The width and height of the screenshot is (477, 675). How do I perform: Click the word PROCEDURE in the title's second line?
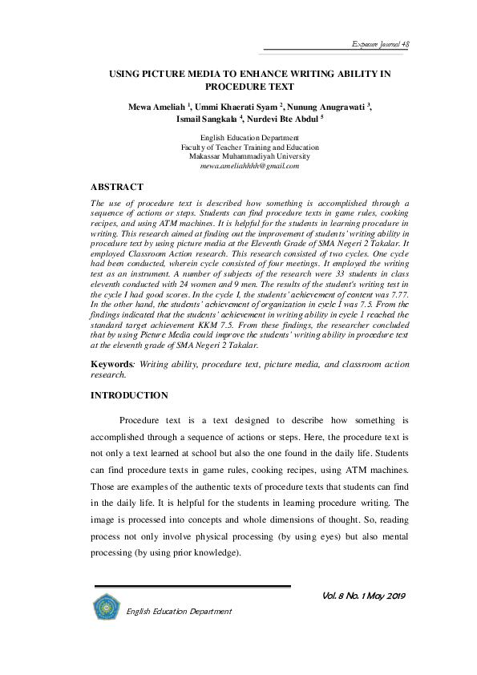point(238,86)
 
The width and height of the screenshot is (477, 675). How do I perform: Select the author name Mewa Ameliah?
point(155,106)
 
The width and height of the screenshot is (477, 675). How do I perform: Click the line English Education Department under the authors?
point(238,139)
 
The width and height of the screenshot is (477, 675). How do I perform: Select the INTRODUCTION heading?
point(129,395)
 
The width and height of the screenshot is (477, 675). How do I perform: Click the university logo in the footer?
point(105,606)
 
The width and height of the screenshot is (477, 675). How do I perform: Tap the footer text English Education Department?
point(180,611)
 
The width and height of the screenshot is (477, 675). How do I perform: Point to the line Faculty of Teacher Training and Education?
point(238,148)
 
